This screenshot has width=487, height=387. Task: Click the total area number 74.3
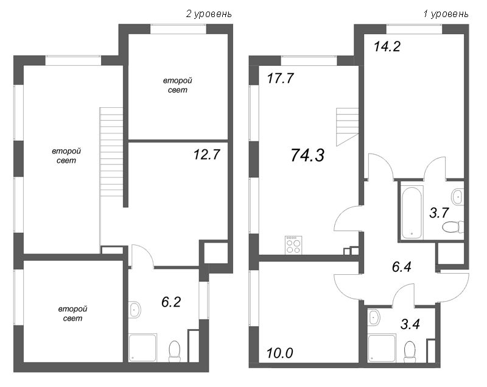[307, 155]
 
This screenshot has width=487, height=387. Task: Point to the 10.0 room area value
[279, 352]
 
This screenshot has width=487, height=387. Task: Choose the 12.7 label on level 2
[204, 155]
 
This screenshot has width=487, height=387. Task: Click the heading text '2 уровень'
[208, 13]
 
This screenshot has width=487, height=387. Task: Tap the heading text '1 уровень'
[446, 13]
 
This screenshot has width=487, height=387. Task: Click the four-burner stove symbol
[293, 244]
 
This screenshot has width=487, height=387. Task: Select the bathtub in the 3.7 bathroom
[412, 211]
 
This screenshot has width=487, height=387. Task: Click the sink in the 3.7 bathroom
[458, 196]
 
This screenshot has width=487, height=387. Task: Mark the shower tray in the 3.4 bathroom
[382, 348]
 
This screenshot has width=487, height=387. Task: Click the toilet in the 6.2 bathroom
[174, 350]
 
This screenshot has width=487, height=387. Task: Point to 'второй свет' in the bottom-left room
[71, 314]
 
